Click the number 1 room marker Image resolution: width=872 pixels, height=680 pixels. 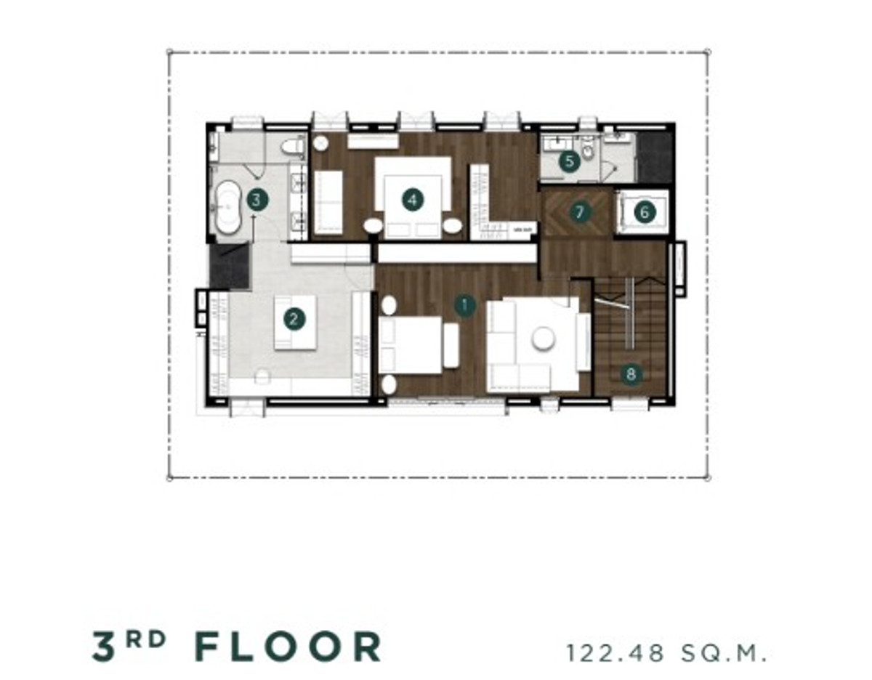click(464, 306)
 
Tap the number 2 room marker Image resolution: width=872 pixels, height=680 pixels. click(294, 320)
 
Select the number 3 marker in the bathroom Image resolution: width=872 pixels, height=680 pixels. click(258, 200)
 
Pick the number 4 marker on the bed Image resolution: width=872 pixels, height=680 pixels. click(413, 200)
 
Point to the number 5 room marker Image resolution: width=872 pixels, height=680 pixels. click(569, 162)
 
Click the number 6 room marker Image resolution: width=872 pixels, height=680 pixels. click(645, 211)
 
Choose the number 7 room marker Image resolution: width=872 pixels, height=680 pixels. click(579, 211)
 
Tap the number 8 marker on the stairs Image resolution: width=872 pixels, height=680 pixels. click(631, 374)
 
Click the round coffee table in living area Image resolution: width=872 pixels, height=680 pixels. click(544, 339)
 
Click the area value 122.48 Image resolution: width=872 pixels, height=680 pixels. click(615, 654)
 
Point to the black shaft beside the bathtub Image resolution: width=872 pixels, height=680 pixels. click(230, 266)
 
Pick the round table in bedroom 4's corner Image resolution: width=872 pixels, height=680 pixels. click(321, 143)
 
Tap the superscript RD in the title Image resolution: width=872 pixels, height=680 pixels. click(145, 639)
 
